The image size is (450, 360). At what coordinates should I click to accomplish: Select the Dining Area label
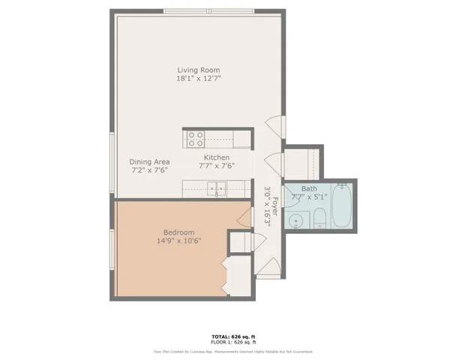(148, 161)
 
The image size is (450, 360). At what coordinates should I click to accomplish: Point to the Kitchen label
(217, 157)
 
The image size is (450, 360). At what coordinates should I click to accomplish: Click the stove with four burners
(195, 139)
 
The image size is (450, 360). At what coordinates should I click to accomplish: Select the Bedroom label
(178, 232)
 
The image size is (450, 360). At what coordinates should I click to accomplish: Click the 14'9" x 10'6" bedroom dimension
(178, 241)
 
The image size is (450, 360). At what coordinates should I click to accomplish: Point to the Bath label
(309, 189)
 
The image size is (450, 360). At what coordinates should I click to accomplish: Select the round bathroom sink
(296, 220)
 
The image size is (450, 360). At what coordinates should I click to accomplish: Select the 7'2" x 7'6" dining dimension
(148, 170)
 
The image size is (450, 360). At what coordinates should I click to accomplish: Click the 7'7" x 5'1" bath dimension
(309, 197)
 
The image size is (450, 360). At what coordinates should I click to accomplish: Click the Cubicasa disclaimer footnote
(233, 351)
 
